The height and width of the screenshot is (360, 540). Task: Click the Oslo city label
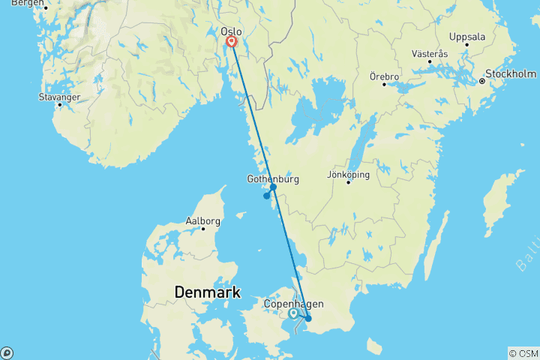tap(231, 31)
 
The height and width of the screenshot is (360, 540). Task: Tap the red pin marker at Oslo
tap(232, 42)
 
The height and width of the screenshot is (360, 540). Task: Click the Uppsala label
tap(466, 36)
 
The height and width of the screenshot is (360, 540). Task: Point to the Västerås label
tap(430, 54)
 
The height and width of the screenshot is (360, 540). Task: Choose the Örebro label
tap(385, 76)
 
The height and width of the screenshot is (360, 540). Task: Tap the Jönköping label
tap(349, 174)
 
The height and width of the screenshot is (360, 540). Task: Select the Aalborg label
tap(202, 221)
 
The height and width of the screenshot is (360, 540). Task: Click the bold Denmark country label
tap(205, 291)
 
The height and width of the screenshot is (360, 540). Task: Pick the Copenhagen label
tap(294, 304)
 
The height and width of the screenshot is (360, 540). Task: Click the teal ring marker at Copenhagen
tap(293, 313)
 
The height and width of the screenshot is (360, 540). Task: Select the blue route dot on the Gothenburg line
tap(273, 187)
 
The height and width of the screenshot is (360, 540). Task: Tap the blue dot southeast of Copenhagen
tap(307, 318)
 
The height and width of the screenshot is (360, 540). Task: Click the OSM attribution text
tap(523, 352)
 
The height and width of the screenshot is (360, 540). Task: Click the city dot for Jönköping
tap(349, 182)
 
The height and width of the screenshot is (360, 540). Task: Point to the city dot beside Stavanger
tap(59, 104)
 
